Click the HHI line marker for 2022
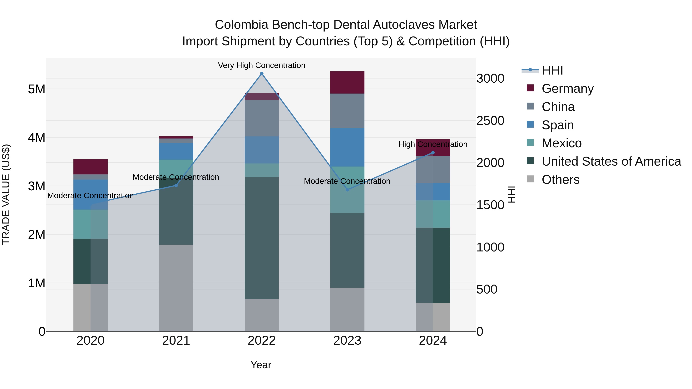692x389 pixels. click(262, 74)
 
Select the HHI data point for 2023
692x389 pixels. click(347, 190)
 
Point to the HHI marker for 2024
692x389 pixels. click(433, 153)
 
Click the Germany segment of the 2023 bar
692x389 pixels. click(347, 82)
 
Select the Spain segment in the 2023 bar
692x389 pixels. click(347, 147)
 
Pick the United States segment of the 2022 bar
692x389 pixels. click(262, 238)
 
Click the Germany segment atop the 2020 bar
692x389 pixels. click(91, 167)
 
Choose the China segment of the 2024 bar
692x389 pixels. click(433, 169)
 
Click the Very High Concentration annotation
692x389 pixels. click(261, 65)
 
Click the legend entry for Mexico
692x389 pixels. click(561, 143)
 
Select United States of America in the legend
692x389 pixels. click(611, 161)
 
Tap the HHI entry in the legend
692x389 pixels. click(552, 70)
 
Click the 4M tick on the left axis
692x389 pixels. click(37, 138)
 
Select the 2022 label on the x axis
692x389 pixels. click(262, 341)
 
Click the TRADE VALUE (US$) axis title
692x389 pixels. click(6, 194)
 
